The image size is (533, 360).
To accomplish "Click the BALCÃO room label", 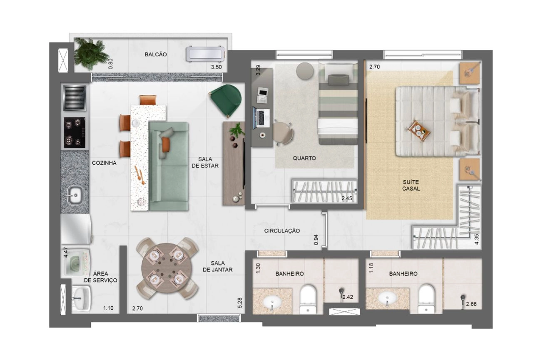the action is pos(156,55).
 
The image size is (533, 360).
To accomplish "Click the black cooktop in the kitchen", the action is pos(75,133).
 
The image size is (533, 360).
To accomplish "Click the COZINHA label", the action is pos(104,163).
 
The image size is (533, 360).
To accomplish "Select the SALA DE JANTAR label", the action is pos(217,266).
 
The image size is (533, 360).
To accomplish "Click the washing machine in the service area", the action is pos(77,263).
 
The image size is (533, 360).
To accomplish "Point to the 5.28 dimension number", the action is pos(240,303).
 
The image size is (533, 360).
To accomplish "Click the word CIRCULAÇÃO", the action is pos(282,231).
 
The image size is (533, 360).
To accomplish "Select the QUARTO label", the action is pos(304,158).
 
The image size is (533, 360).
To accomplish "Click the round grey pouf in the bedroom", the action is pos(305,71).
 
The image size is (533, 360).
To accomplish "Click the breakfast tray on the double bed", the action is pos(419,131).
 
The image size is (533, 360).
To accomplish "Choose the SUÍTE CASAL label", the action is pos(411,186).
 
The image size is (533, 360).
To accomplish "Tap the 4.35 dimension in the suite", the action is pos(476,239).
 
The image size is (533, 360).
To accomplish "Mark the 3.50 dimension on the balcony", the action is pos(216,67).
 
